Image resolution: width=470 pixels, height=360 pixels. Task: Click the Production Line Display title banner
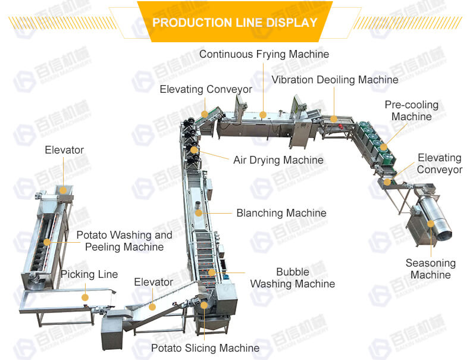tap(235, 23)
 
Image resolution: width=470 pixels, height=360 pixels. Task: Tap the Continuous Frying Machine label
tap(264, 54)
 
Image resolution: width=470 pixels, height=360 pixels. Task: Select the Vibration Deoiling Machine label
tap(335, 79)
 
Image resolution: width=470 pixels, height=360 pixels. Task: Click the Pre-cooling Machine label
tap(412, 111)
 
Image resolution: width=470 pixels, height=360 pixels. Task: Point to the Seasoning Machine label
tap(431, 269)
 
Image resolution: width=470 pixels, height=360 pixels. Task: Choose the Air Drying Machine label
tap(278, 160)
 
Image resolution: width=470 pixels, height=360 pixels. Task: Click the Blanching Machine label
tap(281, 212)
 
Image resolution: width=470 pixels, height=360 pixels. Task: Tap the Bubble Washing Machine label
tap(292, 278)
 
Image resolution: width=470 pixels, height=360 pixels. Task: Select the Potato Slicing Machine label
tap(205, 348)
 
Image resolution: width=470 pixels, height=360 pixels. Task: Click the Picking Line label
tap(89, 274)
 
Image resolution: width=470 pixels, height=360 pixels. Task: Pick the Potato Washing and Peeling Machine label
tap(124, 241)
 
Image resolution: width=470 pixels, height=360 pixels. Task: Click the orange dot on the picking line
tap(85, 296)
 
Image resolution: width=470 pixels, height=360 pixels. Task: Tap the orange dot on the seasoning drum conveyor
tap(388, 181)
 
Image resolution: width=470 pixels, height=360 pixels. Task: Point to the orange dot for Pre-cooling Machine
tap(384, 146)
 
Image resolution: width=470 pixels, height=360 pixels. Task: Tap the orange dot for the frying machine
tap(263, 114)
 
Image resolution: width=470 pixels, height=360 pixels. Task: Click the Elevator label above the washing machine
tap(64, 150)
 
